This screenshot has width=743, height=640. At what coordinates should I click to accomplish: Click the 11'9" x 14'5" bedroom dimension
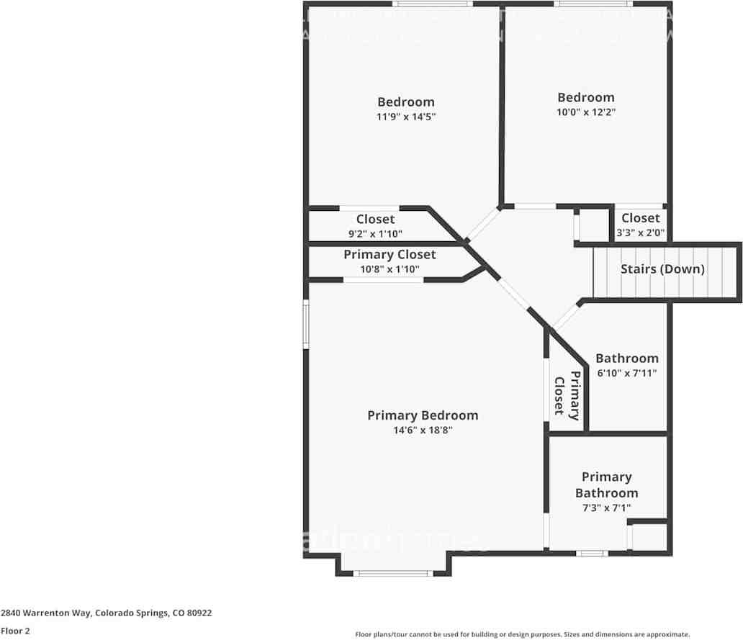406,116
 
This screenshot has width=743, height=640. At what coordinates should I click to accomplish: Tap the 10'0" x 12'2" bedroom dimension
586,112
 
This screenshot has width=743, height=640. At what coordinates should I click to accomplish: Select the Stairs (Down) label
662,269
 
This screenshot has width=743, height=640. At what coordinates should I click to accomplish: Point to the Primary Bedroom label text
423,415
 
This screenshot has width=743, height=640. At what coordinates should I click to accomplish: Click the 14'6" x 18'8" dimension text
423,431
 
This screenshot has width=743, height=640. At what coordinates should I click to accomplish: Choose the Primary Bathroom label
606,484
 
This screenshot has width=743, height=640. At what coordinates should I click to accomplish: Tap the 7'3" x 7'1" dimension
606,508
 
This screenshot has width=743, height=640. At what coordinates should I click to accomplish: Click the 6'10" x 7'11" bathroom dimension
626,373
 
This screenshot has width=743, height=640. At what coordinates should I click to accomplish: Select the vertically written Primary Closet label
567,395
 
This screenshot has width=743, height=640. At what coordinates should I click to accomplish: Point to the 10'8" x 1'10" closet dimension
389,269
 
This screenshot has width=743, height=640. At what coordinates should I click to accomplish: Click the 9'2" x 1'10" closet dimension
375,233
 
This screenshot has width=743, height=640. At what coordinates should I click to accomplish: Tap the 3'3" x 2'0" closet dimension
640,233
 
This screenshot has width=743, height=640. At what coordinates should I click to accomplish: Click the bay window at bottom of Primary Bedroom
393,573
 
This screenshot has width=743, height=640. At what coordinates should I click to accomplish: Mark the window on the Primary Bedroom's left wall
305,325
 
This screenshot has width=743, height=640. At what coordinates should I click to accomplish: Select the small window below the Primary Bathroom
591,553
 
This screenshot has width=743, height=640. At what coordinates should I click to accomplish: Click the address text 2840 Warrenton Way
106,613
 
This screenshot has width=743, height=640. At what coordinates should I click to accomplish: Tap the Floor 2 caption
15,631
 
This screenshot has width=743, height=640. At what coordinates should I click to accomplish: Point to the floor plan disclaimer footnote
522,634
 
